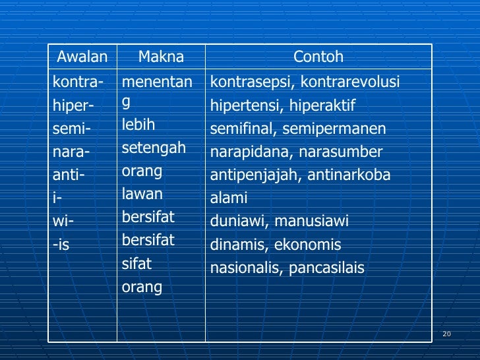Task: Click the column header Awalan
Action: point(82,57)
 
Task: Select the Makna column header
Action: point(161,57)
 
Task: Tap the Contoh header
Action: point(318,57)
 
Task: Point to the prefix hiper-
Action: point(73,105)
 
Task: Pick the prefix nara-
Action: point(71,152)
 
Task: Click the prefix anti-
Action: point(69,175)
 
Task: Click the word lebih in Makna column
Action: point(138,125)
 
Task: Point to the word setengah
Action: point(154,148)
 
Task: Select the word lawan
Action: point(142,194)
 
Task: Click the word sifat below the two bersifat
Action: point(136,264)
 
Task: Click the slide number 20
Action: point(446,334)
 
